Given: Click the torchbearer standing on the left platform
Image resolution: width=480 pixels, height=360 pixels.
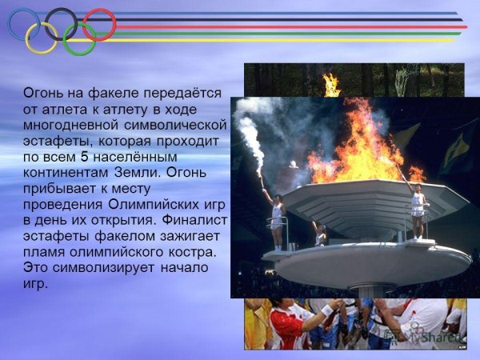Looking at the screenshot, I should click(x=277, y=216).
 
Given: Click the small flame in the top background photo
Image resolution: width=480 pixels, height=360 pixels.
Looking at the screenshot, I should click(x=330, y=83).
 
